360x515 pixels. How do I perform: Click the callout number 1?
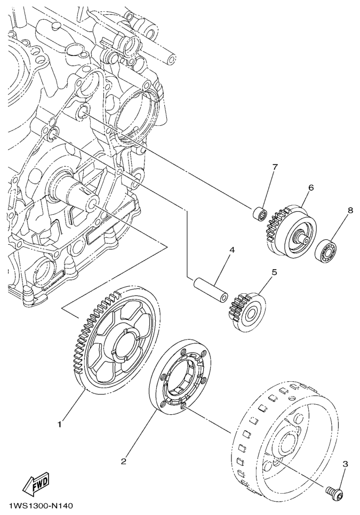[x=59, y=425]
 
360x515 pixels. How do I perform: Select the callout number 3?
[x=345, y=464]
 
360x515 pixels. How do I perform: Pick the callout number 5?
[x=275, y=272]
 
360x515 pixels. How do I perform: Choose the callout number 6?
[x=311, y=187]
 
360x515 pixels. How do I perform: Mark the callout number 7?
[x=275, y=166]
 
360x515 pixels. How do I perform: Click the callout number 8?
[x=350, y=210]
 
